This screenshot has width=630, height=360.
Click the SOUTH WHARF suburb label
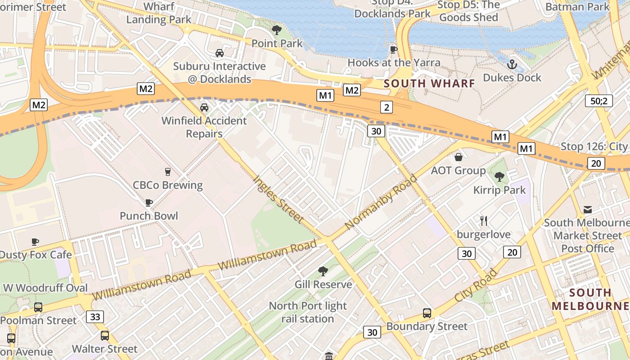pyautogui.click(x=429, y=83)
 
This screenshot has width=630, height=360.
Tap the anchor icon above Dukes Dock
pyautogui.click(x=512, y=65)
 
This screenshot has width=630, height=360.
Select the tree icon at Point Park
pyautogui.click(x=277, y=31)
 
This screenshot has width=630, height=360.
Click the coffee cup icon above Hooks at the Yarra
pyautogui.click(x=394, y=49)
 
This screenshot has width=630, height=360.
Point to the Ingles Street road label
pyautogui.click(x=278, y=198)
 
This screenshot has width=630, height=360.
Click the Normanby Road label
pyautogui.click(x=381, y=202)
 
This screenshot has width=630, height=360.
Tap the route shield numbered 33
pyautogui.click(x=95, y=317)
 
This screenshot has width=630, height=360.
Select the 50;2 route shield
pyautogui.click(x=599, y=100)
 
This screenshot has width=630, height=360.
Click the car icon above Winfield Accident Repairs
pyautogui.click(x=204, y=108)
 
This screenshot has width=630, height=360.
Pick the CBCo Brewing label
pyautogui.click(x=167, y=185)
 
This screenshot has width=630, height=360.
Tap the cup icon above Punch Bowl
pyautogui.click(x=149, y=203)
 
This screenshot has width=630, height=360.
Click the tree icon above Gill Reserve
pyautogui.click(x=323, y=271)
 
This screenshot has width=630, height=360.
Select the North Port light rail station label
pyautogui.click(x=308, y=312)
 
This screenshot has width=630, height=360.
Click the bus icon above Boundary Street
pyautogui.click(x=427, y=313)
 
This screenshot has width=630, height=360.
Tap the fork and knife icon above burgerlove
pyautogui.click(x=484, y=221)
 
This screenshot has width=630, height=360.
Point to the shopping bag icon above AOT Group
pyautogui.click(x=458, y=157)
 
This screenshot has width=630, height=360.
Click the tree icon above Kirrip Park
pyautogui.click(x=499, y=176)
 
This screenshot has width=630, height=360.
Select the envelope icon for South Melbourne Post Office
pyautogui.click(x=588, y=210)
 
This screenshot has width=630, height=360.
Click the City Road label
pyautogui.click(x=476, y=285)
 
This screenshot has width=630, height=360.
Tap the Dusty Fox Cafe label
pyautogui.click(x=36, y=255)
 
